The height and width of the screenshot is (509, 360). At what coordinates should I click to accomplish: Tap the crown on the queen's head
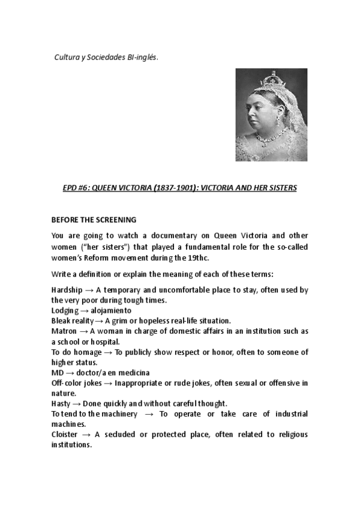point(278,79)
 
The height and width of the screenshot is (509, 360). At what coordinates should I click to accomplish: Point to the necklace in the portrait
point(268,139)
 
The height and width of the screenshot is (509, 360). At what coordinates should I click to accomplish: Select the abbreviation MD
point(57,373)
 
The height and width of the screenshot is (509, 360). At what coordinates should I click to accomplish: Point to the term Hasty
point(61,404)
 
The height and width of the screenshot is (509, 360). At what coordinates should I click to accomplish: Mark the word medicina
point(142,373)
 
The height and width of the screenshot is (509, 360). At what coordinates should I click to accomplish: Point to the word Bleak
point(61,321)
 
